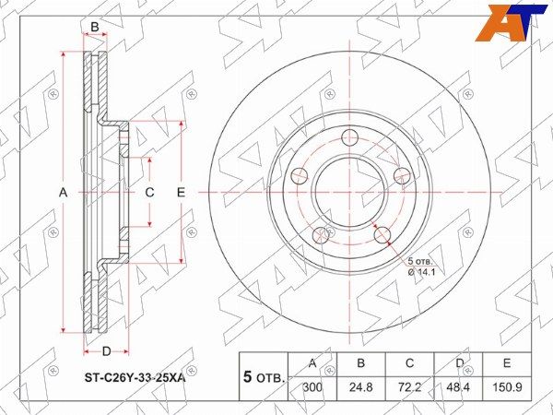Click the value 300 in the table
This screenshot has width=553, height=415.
(x=312, y=387)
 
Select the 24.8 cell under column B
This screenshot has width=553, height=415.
(x=360, y=387)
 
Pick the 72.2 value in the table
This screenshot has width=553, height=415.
(x=409, y=387)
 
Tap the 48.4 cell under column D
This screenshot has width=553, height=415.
(x=458, y=387)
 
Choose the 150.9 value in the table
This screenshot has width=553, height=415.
(x=507, y=387)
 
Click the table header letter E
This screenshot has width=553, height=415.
(x=507, y=363)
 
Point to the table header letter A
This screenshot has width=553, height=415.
(x=312, y=363)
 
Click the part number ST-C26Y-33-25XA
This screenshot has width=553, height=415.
(x=135, y=379)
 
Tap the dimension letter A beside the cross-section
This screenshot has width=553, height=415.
(x=63, y=193)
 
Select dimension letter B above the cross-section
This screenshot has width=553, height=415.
(x=95, y=27)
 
